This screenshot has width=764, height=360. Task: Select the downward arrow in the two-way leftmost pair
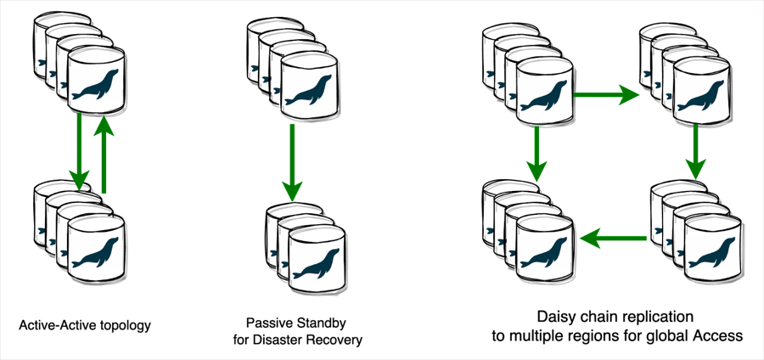[80, 153]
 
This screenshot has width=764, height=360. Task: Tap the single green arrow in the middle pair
[292, 161]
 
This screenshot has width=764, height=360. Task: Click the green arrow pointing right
[606, 94]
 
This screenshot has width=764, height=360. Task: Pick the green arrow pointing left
[613, 239]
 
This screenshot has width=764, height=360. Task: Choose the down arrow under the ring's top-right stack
[695, 152]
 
